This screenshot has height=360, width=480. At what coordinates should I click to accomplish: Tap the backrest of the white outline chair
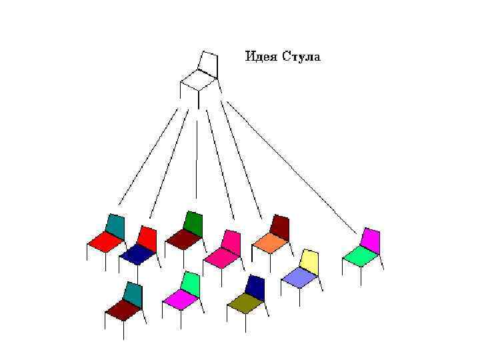click(x=208, y=62)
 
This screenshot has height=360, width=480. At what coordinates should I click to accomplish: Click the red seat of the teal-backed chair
click(x=103, y=242)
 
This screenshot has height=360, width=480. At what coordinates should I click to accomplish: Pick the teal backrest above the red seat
click(x=115, y=227)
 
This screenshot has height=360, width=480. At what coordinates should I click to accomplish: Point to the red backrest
click(x=147, y=237)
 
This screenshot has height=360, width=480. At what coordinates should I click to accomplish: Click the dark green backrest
click(x=193, y=223)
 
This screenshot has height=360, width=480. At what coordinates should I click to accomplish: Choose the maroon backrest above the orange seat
click(x=280, y=226)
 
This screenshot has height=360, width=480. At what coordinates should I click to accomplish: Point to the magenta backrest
click(x=370, y=239)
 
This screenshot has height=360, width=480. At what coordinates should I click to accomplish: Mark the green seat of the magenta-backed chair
click(x=359, y=255)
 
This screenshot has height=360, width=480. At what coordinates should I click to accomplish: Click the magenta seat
click(x=179, y=299)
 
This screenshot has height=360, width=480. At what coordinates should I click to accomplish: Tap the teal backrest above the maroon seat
click(x=133, y=293)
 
